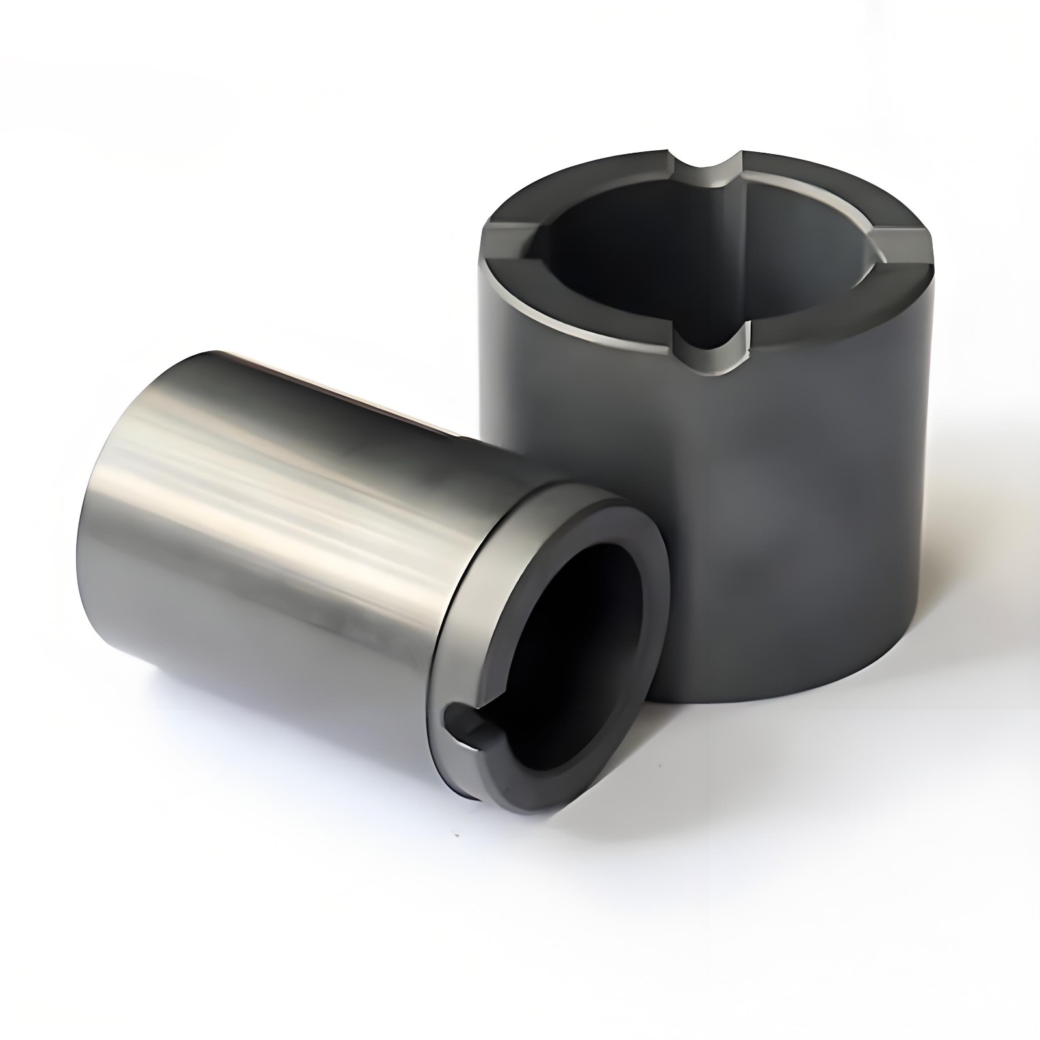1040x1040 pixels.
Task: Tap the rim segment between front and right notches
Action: [x=838, y=312]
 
